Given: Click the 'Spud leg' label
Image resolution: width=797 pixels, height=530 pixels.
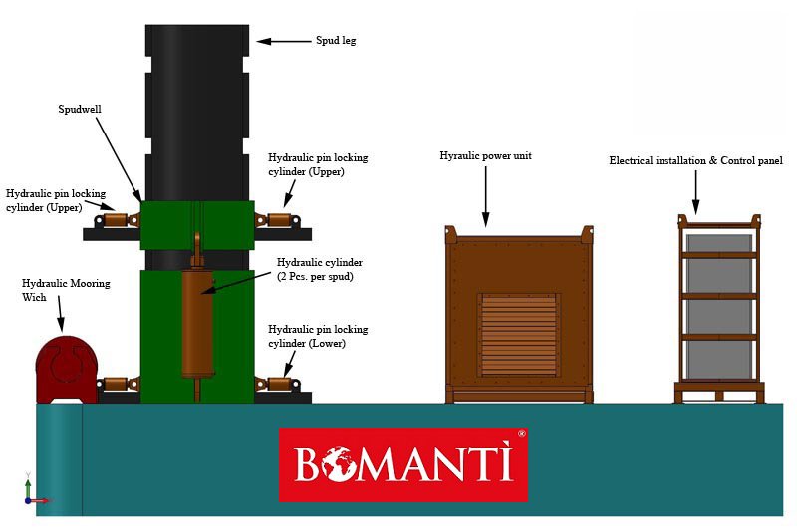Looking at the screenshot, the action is point(336,41).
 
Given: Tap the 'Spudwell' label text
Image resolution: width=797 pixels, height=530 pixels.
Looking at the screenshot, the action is point(80,109).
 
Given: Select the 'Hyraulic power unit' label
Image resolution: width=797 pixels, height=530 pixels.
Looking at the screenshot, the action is point(485,156).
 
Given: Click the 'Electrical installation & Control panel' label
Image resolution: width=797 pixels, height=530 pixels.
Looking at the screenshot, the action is point(695,161).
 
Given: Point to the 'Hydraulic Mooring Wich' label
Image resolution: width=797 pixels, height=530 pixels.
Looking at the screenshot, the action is point(66,290).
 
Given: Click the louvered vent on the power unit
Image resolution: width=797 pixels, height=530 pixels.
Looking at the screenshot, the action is point(518,335).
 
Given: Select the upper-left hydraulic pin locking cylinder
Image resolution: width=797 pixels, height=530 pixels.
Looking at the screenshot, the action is point(117,221).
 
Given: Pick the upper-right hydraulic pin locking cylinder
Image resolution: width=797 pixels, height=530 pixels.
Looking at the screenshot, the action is point(278,221).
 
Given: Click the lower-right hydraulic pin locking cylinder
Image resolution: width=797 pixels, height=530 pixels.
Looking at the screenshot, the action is point(278,384).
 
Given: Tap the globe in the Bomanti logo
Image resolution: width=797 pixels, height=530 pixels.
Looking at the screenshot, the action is point(338,463).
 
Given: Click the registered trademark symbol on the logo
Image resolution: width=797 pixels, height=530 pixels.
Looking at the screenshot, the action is point(521,434).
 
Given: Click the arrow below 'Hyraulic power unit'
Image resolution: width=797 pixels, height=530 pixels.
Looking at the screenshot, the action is point(486,196).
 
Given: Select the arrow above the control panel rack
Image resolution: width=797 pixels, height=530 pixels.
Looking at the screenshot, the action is point(695,192).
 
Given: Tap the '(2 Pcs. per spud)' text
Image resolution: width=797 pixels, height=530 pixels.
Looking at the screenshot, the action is point(315,277).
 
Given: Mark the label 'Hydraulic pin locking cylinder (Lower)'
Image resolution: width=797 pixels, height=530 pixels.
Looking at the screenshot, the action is point(318,336).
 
